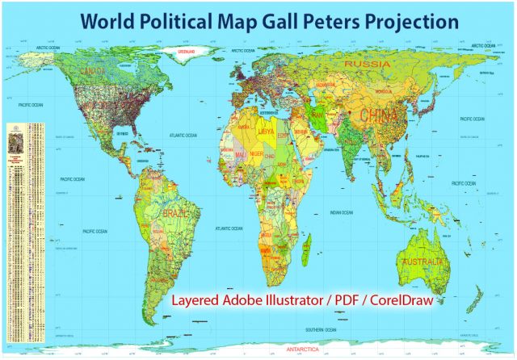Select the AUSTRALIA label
421,262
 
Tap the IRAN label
319,115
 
